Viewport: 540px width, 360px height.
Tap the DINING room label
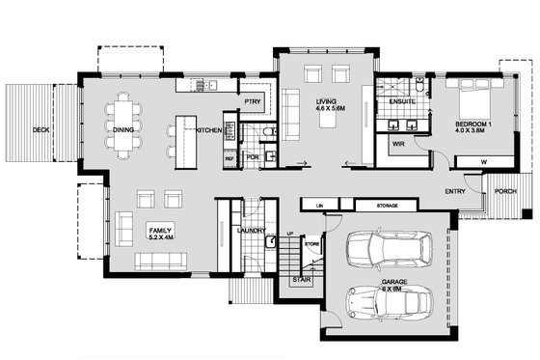122,128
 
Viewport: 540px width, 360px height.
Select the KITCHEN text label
209,129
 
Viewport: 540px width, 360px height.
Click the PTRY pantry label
254,100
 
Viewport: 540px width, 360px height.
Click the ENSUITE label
402,100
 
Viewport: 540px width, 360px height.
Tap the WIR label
397,144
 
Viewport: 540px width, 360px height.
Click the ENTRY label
456,191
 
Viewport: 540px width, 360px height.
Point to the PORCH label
504,191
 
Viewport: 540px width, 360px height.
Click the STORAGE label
389,205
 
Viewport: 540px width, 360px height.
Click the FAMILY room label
159,229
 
